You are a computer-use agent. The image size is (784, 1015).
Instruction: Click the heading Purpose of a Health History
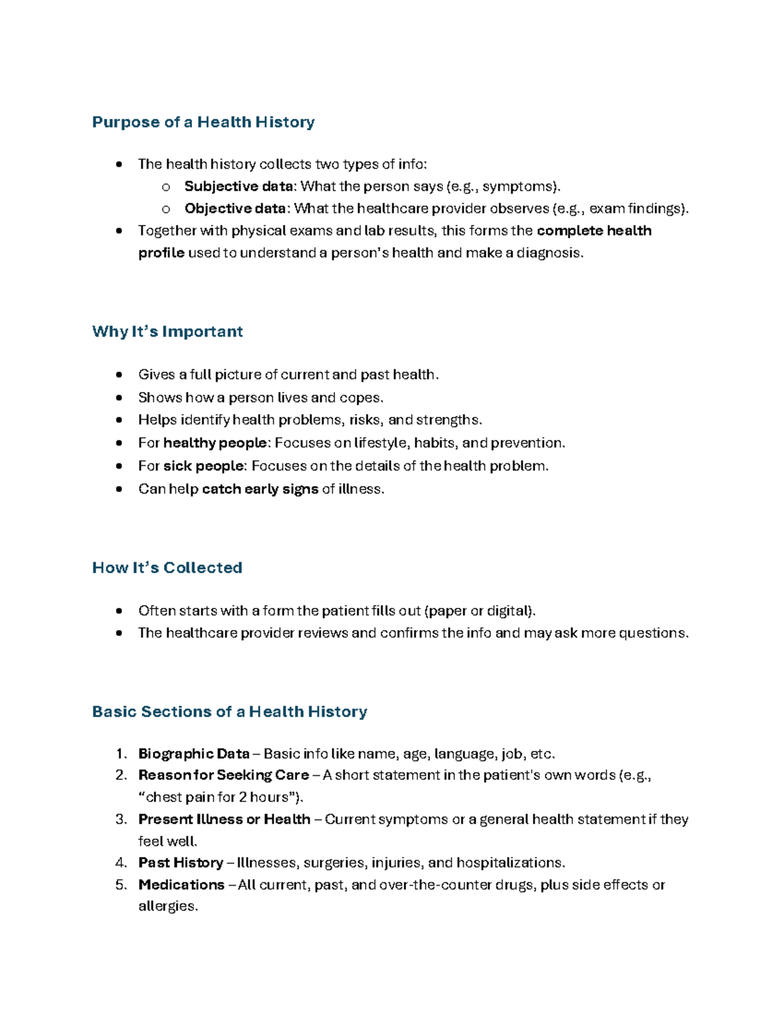(x=203, y=122)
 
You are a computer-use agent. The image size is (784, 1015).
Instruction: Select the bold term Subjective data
(x=239, y=186)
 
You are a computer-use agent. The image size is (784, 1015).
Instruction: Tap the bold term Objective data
(x=235, y=208)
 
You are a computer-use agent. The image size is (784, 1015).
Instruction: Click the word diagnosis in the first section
(x=548, y=253)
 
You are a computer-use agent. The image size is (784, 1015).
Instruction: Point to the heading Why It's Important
(x=167, y=331)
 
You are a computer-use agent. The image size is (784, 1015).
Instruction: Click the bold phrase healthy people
(x=215, y=443)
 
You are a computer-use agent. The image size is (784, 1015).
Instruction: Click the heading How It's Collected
(x=167, y=567)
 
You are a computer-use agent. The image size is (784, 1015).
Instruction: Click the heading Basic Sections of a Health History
(x=229, y=711)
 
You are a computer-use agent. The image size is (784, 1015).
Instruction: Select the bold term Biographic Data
(x=194, y=754)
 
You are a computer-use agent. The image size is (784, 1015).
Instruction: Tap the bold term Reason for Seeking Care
(x=223, y=775)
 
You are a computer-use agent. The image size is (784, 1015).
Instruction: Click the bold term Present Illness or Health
(x=224, y=819)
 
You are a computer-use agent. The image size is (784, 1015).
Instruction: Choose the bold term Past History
(x=181, y=863)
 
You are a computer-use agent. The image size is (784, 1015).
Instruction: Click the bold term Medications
(x=182, y=885)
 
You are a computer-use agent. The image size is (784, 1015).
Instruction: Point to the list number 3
(x=120, y=820)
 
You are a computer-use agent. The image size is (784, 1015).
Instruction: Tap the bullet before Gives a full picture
(x=118, y=375)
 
